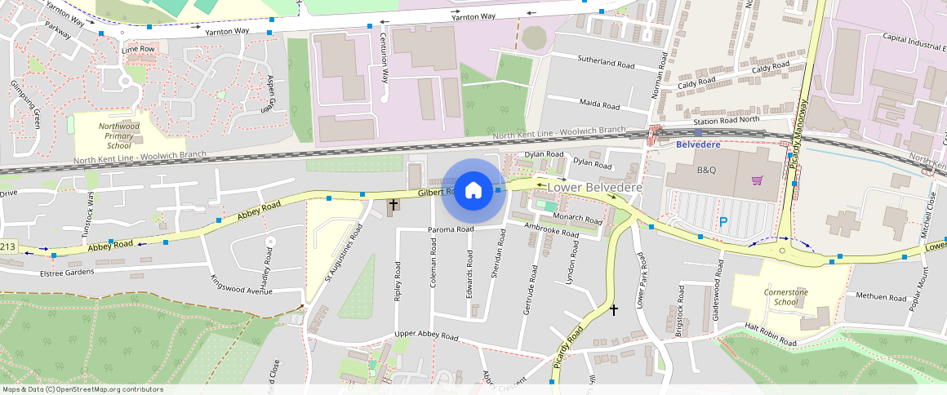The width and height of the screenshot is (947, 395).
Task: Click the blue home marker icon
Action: (x=473, y=191)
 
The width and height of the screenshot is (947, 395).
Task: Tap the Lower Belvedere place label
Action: (x=594, y=188)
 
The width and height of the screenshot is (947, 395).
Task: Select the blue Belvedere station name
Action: (x=698, y=144)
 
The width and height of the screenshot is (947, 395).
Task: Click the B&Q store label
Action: (x=705, y=171)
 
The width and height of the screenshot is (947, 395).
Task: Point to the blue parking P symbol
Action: (x=722, y=221)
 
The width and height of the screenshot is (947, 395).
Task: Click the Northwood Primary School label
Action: (x=119, y=135)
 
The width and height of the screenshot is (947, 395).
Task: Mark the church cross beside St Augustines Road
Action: (x=393, y=204)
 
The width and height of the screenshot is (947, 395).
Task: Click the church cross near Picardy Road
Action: (x=614, y=310)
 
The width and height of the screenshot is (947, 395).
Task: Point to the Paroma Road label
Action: (x=451, y=230)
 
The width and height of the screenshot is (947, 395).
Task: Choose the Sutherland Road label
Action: (x=606, y=61)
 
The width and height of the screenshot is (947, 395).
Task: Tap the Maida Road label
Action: (x=599, y=104)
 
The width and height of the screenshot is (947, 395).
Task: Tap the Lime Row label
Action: (x=138, y=50)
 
